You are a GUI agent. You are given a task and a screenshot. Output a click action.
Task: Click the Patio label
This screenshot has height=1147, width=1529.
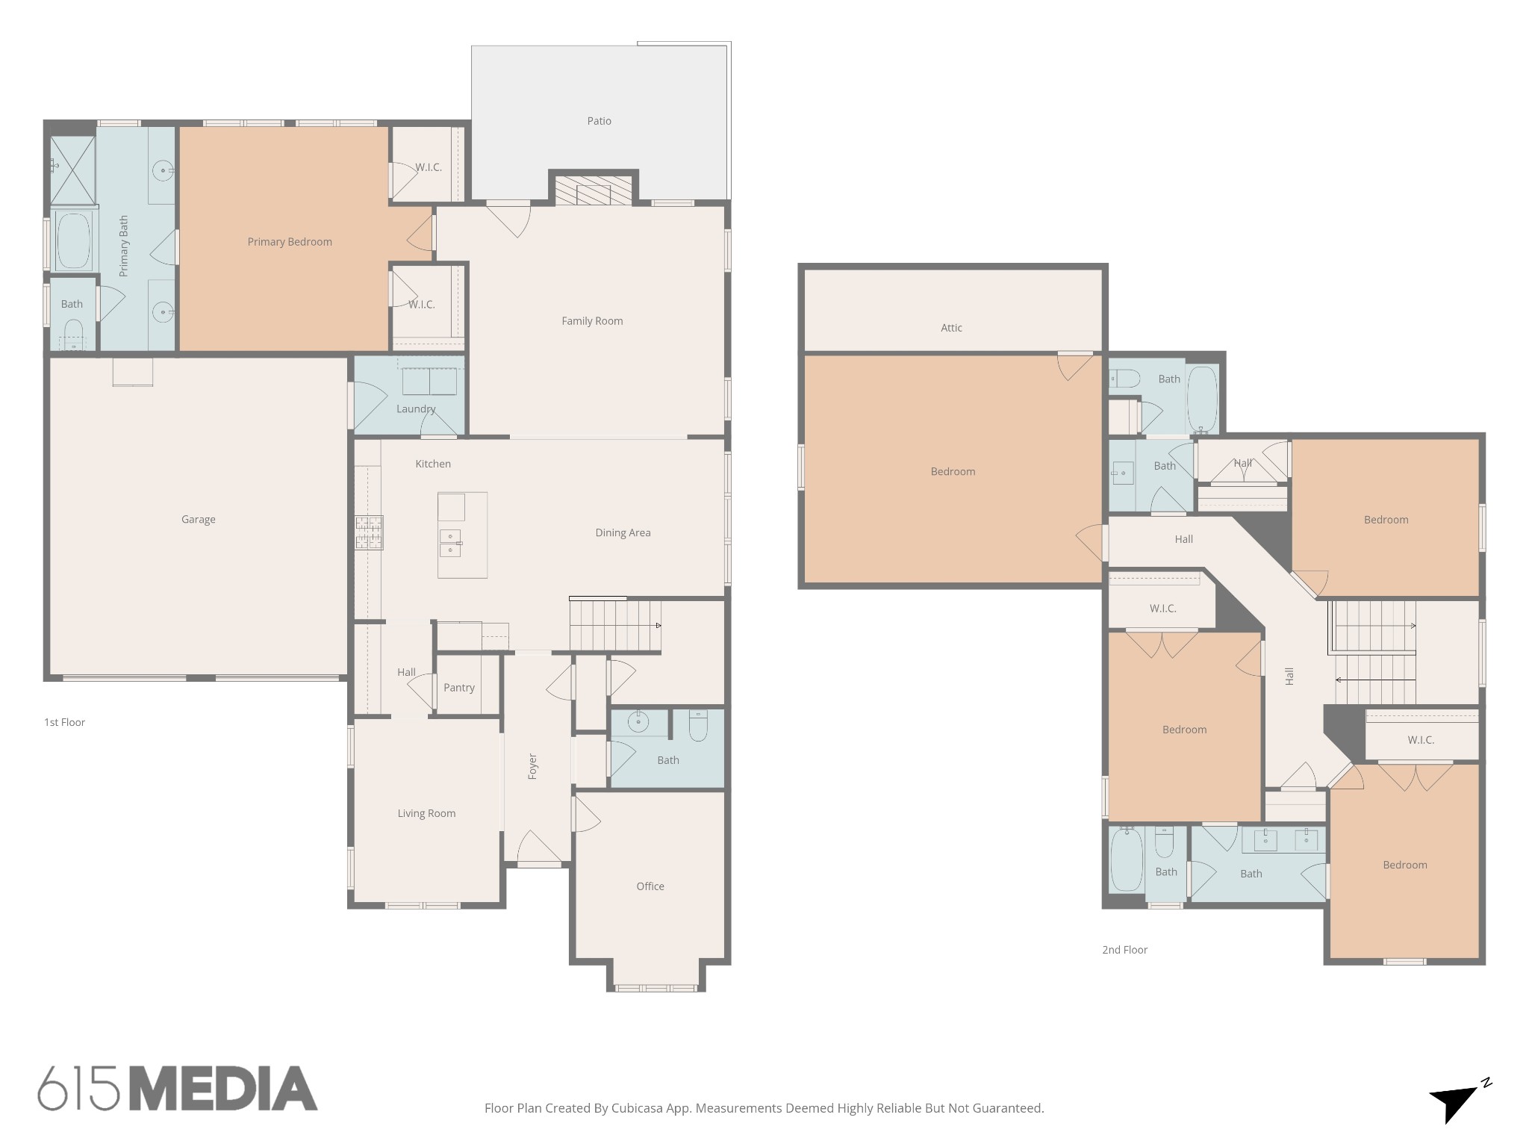(599, 121)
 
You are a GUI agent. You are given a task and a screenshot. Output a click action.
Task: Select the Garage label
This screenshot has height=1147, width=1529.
(199, 520)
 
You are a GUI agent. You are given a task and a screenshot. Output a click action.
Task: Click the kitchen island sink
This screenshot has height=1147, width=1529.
(451, 543)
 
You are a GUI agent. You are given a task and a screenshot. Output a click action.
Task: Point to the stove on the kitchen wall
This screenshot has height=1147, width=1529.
(369, 533)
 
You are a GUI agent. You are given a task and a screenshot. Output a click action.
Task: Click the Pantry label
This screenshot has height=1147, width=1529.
(458, 688)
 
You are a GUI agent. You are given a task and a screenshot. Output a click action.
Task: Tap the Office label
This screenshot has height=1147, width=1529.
(650, 886)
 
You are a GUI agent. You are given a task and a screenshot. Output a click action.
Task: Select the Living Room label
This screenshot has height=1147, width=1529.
(426, 813)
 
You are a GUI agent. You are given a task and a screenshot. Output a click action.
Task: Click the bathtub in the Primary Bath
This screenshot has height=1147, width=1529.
(72, 241)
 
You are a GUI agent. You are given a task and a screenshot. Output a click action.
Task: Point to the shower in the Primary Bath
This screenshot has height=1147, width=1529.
(73, 170)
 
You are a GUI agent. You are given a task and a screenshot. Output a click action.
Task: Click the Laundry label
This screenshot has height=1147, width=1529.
(415, 409)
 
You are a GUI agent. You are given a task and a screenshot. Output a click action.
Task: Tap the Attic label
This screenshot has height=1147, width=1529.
(951, 328)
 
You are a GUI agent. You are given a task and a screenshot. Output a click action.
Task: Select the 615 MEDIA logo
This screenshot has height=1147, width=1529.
(178, 1089)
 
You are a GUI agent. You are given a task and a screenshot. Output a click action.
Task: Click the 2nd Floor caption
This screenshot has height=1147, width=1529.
(1124, 950)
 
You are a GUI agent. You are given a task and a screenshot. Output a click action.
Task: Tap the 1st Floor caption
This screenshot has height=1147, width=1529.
(64, 722)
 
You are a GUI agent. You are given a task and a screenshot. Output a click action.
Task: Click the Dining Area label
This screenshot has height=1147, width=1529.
(623, 532)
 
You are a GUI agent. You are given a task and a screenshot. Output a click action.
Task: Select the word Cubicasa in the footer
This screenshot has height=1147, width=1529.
(638, 1108)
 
